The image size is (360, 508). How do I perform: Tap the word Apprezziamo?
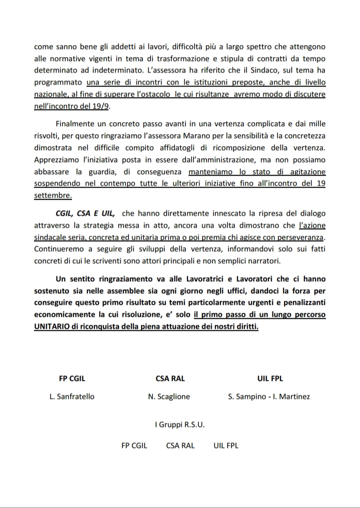[x=57, y=160]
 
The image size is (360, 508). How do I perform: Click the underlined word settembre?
[x=52, y=195]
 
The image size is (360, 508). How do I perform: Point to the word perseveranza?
[x=300, y=236]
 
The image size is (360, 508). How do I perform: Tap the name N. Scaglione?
[x=169, y=397]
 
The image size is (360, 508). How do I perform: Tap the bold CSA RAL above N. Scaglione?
[x=169, y=379]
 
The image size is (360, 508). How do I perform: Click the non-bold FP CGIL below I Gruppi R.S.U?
[x=134, y=445]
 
